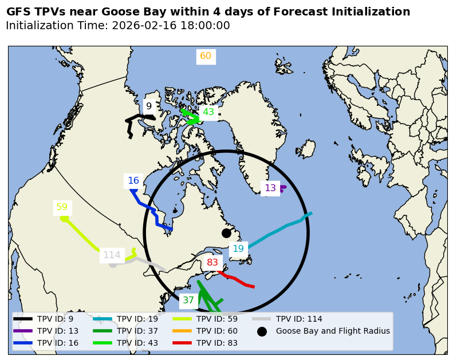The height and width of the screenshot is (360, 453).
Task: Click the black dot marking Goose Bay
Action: click(x=226, y=233)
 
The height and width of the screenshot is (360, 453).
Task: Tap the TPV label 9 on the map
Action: click(x=149, y=106)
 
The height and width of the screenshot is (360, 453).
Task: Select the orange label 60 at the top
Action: click(x=206, y=56)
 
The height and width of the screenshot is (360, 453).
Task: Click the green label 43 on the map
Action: click(x=208, y=112)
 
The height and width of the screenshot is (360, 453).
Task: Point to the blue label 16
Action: click(x=133, y=181)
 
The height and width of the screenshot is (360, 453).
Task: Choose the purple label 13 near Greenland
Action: click(x=270, y=188)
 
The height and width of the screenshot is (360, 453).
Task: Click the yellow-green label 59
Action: click(x=62, y=207)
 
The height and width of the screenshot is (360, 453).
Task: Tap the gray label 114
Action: click(x=112, y=255)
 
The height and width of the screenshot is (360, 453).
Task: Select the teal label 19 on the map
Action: click(x=238, y=248)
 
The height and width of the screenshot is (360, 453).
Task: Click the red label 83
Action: click(x=212, y=263)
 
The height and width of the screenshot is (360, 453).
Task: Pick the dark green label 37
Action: click(x=188, y=300)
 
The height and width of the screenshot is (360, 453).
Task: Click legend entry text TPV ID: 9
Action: click(x=55, y=319)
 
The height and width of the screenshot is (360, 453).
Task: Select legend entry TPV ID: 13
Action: click(x=57, y=331)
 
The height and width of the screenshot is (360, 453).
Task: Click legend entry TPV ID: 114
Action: click(x=299, y=319)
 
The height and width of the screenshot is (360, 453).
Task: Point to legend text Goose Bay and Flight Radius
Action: click(x=333, y=331)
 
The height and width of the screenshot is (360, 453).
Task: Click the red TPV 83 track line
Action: click(x=236, y=279)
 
